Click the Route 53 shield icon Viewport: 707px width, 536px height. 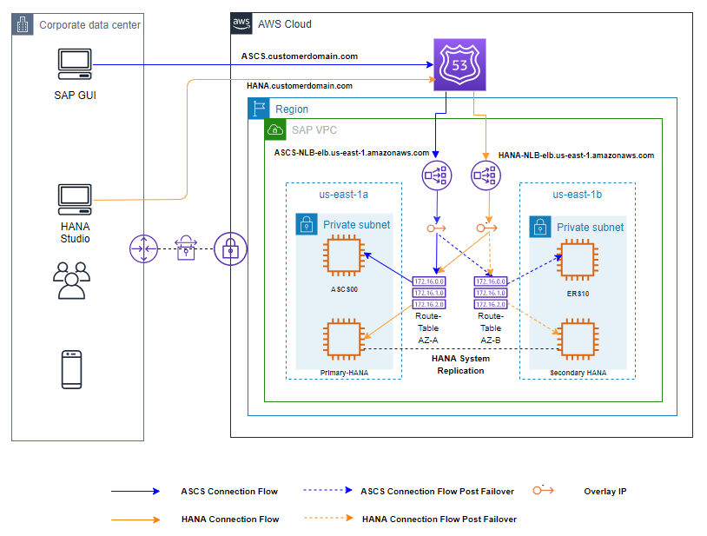coord(459,65)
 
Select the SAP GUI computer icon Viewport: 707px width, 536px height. coord(75,65)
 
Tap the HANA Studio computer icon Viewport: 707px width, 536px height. coord(75,200)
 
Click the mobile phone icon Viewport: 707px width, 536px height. coord(72,369)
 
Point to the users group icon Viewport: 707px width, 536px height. coord(71,279)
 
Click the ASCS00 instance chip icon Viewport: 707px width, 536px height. coord(344,257)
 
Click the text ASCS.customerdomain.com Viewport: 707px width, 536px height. coord(300,56)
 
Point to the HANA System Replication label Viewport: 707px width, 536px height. coord(460,364)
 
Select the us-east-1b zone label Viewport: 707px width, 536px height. coord(578,195)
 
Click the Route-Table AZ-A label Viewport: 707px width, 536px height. coord(427,328)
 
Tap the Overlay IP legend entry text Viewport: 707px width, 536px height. coord(605,491)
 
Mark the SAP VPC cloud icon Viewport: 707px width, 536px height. coord(275,129)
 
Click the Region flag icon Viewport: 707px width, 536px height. coord(258,109)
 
